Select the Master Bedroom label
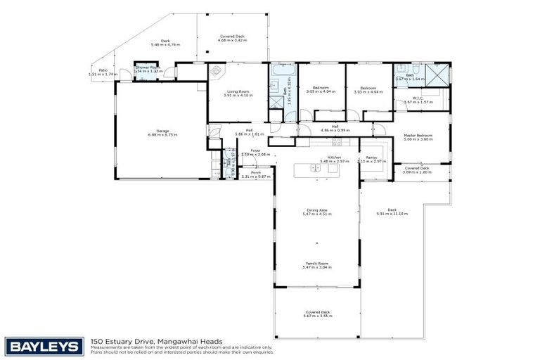click(418, 135)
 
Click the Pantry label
click(371, 157)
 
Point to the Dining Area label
click(317, 210)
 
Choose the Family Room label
click(317, 264)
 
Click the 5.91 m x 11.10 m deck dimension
click(392, 213)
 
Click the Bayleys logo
click(44, 346)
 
